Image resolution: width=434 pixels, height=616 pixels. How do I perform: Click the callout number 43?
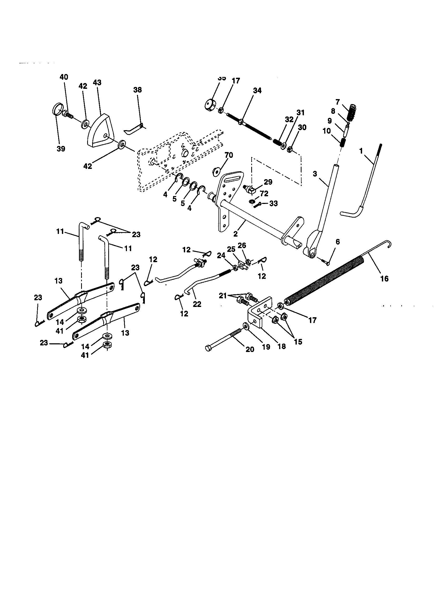coord(97,82)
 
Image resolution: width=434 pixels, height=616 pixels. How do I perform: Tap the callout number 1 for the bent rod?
coord(361,151)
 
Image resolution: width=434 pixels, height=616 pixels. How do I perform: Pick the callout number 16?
coord(384,279)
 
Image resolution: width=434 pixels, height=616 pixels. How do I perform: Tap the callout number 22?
coord(197,304)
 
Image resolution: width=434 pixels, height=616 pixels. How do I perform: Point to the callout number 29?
coord(268,182)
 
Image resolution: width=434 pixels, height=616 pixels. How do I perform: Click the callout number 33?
coord(273,203)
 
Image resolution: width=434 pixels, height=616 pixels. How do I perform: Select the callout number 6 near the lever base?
coord(337,242)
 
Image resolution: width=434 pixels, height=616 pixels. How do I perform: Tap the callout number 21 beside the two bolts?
coord(223,296)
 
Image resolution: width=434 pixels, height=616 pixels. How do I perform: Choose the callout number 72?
coord(264,193)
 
